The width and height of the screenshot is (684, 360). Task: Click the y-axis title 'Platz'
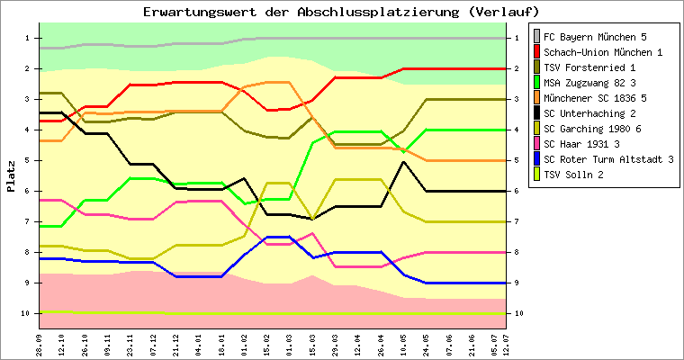(x=12, y=176)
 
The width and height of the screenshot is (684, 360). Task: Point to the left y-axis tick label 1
(x=28, y=38)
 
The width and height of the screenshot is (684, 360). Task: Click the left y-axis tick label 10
(x=26, y=313)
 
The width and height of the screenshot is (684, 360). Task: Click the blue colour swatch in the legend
(x=537, y=159)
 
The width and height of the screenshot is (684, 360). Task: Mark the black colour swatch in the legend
(x=537, y=113)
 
